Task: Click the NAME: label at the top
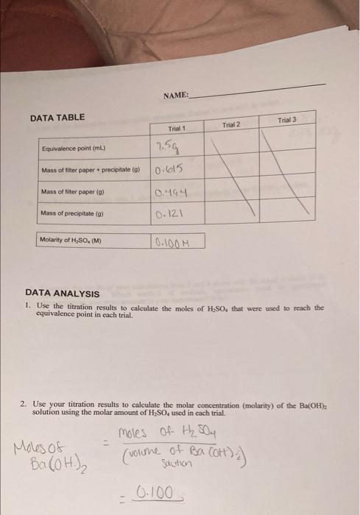click(177, 95)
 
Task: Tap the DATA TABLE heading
click(57, 118)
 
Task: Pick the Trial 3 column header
click(287, 120)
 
